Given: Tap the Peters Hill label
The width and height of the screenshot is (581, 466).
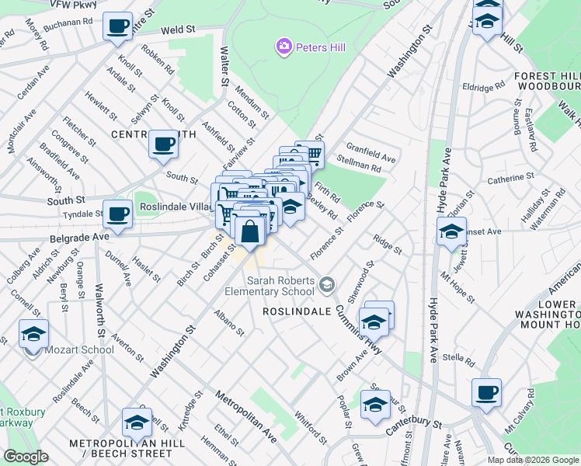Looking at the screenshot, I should (x=317, y=48).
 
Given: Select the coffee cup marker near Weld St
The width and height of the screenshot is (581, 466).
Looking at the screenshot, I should (x=117, y=27).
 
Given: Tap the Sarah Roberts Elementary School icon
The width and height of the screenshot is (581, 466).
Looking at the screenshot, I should (x=327, y=285).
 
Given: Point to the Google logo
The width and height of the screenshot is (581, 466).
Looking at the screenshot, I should (x=26, y=456).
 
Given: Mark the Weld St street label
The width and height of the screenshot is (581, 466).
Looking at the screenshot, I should (x=177, y=32).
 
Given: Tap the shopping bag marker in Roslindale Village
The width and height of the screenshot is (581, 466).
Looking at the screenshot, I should (x=250, y=232).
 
